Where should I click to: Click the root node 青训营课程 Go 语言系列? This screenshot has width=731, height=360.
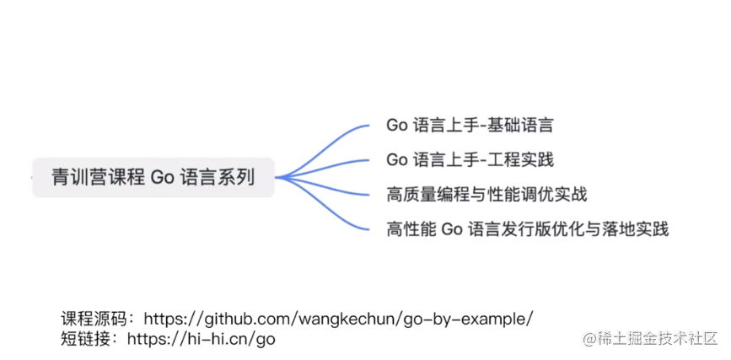pyautogui.click(x=153, y=177)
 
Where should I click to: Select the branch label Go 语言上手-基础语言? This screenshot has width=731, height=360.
pyautogui.click(x=470, y=126)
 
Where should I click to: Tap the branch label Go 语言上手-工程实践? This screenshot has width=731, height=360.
pyautogui.click(x=470, y=159)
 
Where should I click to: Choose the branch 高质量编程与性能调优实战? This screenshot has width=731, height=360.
pyautogui.click(x=486, y=195)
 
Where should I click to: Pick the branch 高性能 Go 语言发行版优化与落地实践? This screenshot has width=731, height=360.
pyautogui.click(x=527, y=228)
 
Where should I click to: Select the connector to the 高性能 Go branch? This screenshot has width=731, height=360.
pyautogui.click(x=329, y=212)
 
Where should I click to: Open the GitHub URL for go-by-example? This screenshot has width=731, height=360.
pyautogui.click(x=338, y=319)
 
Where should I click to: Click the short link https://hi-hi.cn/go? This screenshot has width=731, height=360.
pyautogui.click(x=201, y=339)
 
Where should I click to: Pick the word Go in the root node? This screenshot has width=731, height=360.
pyautogui.click(x=162, y=177)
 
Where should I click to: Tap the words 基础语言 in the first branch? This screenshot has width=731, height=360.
pyautogui.click(x=523, y=126)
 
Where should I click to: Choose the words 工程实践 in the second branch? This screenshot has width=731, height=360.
pyautogui.click(x=523, y=159)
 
